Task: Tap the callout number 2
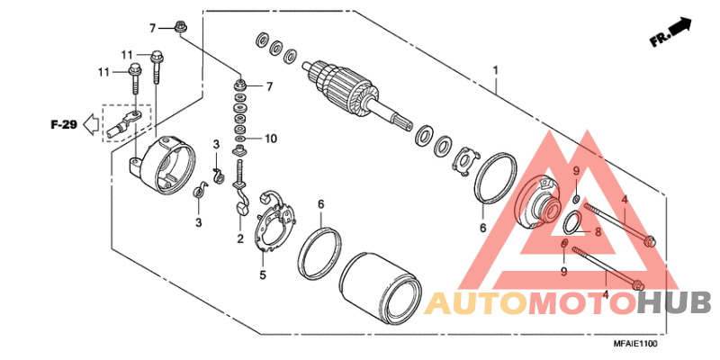coord(240,238)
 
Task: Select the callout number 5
coord(263,274)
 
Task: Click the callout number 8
coord(596,231)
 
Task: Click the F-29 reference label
coord(62,123)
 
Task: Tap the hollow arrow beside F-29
coord(89,123)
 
